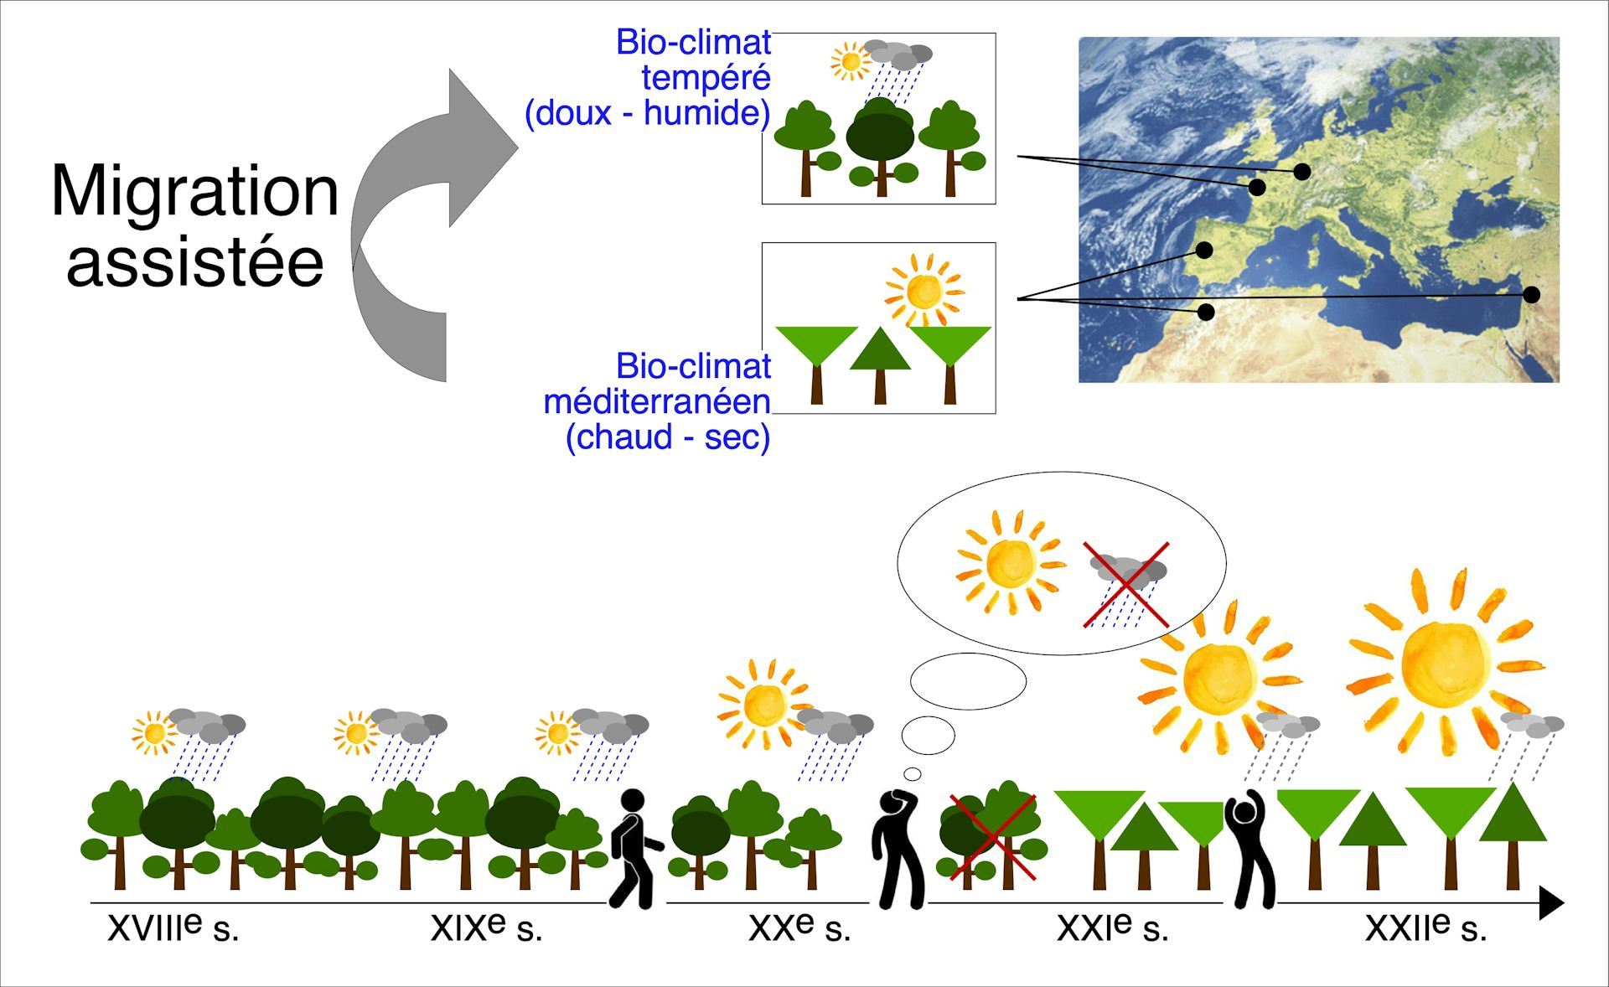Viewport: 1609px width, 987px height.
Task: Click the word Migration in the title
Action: (194, 192)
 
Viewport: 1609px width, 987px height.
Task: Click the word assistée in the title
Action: (195, 262)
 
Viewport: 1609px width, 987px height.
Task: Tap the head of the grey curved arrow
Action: (483, 147)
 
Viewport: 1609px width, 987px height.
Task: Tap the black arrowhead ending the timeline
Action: (1552, 903)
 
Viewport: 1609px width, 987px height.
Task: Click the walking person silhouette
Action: (635, 849)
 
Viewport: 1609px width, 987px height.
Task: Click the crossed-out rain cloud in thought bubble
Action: (1127, 585)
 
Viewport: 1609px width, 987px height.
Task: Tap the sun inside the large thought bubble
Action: (1011, 562)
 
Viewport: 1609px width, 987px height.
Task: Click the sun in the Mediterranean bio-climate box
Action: (924, 291)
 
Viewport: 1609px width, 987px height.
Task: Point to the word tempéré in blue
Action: (706, 78)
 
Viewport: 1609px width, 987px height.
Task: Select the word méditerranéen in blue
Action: (657, 401)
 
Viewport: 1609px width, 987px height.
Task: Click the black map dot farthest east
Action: (1532, 294)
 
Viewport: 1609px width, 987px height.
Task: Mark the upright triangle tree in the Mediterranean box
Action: (880, 365)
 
